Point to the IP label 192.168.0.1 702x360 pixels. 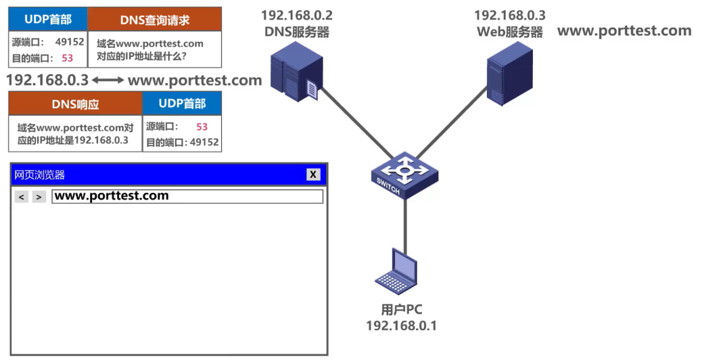coord(401,326)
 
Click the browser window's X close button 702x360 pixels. coord(313,175)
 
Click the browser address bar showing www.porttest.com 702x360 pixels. coord(187,196)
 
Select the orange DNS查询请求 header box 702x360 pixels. coord(155,20)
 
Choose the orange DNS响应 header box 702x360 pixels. coord(76,104)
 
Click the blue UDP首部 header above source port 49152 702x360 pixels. coord(48,20)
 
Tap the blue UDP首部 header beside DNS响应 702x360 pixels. coord(181,104)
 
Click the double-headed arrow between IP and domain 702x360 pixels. coord(108,81)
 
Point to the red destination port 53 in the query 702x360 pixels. coord(67,58)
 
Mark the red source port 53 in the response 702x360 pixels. coord(202,127)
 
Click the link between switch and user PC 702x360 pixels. coord(405,223)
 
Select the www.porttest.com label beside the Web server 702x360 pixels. coord(624,31)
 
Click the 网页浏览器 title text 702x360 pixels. coord(40,175)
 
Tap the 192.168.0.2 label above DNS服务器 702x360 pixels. coord(297,15)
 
